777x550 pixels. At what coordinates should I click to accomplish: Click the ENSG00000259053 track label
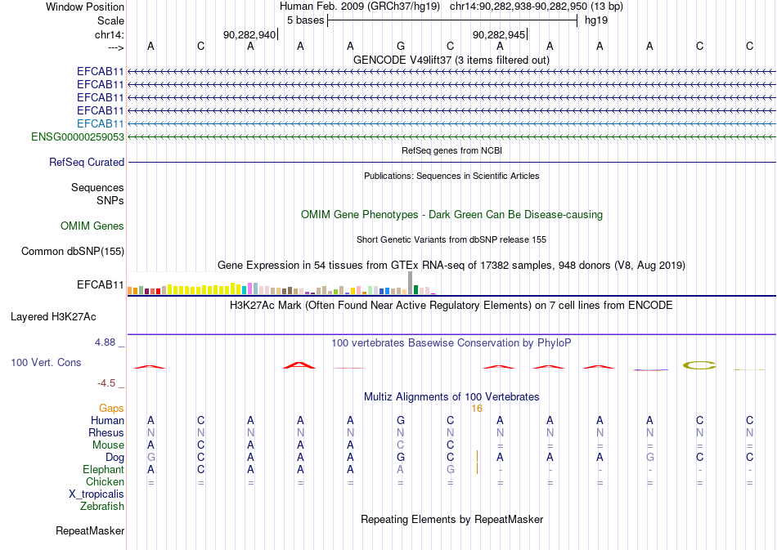coord(78,136)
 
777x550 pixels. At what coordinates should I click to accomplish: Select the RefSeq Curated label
coord(87,163)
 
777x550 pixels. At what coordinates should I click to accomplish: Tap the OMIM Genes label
coord(92,226)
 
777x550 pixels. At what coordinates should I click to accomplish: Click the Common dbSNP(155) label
coord(73,252)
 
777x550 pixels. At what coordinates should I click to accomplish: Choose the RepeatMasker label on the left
coord(90,531)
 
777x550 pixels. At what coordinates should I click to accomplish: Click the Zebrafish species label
coord(102,506)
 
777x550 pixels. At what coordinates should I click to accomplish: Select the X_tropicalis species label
coord(97,494)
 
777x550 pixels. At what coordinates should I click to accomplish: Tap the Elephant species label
coord(103,469)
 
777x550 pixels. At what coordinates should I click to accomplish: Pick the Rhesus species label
coord(106,432)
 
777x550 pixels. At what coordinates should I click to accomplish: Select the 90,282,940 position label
coord(249,34)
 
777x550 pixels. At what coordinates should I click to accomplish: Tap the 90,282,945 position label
coord(499,34)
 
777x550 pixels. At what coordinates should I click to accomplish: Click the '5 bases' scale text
coord(304,20)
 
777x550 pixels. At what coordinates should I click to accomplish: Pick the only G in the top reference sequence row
coord(400,46)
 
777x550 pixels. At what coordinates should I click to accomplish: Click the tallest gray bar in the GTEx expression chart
coord(410,282)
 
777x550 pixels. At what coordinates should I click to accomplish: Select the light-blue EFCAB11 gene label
coord(100,123)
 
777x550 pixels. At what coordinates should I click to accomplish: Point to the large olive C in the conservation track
coord(700,364)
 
